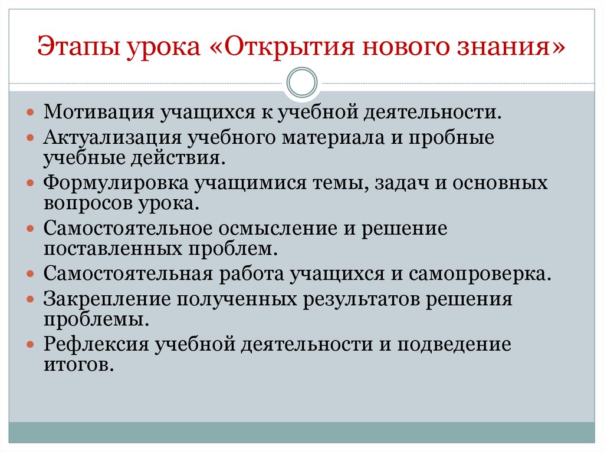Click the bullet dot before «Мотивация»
(31, 112)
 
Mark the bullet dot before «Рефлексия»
(31, 344)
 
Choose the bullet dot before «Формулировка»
(31, 183)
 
